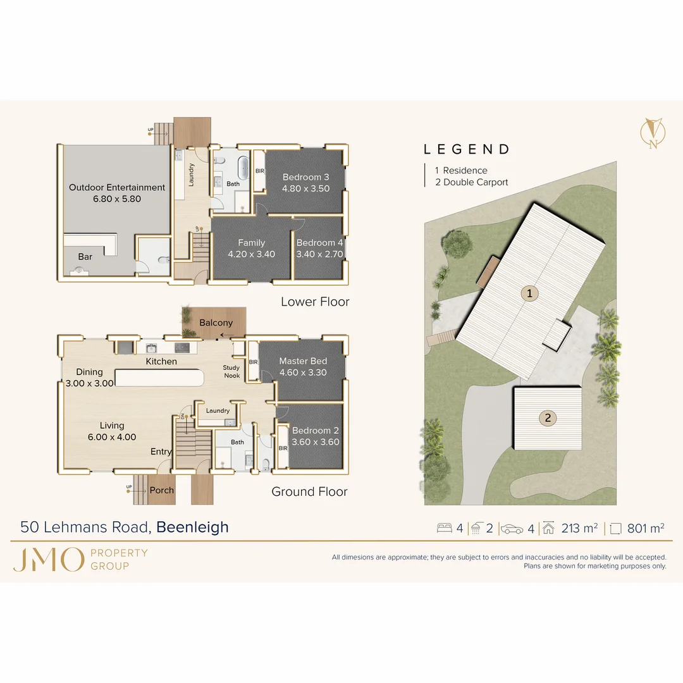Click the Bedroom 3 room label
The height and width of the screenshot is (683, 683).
pyautogui.click(x=306, y=177)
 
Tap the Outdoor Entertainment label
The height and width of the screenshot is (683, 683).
pyautogui.click(x=117, y=187)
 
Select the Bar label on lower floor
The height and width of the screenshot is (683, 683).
pyautogui.click(x=85, y=257)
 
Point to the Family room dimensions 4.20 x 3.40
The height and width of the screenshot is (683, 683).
pyautogui.click(x=251, y=254)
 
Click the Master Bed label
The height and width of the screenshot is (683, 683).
pyautogui.click(x=303, y=361)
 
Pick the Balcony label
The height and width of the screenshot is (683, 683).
pyautogui.click(x=216, y=323)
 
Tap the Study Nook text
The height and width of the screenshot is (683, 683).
pyautogui.click(x=231, y=372)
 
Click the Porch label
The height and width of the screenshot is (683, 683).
pyautogui.click(x=162, y=491)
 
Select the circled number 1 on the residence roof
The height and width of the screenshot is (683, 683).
pyautogui.click(x=530, y=293)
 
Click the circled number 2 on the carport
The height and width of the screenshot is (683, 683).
pyautogui.click(x=548, y=418)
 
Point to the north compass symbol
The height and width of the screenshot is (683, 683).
pyautogui.click(x=653, y=133)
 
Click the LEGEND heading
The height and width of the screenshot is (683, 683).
pyautogui.click(x=467, y=149)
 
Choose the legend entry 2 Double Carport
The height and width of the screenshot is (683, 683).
pyautogui.click(x=472, y=183)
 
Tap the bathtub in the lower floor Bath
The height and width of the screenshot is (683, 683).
pyautogui.click(x=243, y=167)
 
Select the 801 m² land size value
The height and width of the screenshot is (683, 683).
pyautogui.click(x=646, y=528)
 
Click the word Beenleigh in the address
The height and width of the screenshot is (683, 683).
pyautogui.click(x=192, y=527)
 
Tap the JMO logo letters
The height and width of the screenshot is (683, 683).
pyautogui.click(x=48, y=560)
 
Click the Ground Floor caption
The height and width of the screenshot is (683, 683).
pyautogui.click(x=309, y=492)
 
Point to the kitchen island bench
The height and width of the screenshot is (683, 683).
pyautogui.click(x=159, y=378)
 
